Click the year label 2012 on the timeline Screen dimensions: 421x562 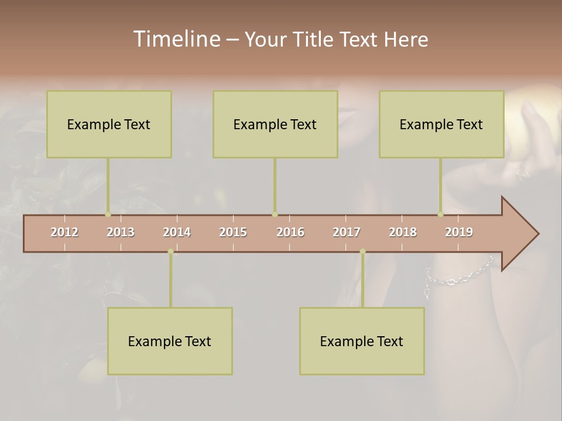point(64,232)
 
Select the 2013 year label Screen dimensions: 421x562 point(121,232)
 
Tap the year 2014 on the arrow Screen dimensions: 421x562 point(177,232)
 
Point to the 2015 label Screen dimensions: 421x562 point(233,232)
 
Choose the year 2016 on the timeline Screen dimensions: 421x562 point(290,232)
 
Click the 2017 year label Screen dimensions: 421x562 point(347,232)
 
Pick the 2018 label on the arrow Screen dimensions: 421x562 point(403,232)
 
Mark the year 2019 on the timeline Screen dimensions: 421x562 point(459,232)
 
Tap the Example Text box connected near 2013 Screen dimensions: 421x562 point(109,124)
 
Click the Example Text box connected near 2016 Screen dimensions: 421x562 point(275,124)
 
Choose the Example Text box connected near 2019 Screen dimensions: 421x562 point(441,124)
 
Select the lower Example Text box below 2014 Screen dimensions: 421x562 point(170,341)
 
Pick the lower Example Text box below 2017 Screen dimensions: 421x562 point(362,341)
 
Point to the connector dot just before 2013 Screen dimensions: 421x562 point(108,215)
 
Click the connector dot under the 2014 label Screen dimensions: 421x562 point(170,251)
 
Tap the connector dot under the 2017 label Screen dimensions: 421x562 point(362,251)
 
